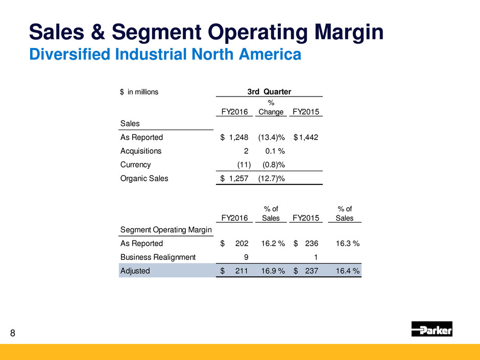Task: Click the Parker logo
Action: point(432,329)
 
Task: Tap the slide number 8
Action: point(13,334)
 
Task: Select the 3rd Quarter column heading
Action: point(269,92)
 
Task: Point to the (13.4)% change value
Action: point(272,137)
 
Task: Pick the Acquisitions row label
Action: point(140,151)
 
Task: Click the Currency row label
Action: point(135,164)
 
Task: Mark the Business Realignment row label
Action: point(158,257)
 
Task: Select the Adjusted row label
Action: point(135,271)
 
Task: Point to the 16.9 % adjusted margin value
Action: point(272,271)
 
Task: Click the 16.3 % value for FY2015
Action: point(347,244)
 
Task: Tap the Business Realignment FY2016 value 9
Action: point(246,257)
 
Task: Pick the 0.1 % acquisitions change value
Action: point(275,151)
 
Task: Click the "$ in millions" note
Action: point(139,92)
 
